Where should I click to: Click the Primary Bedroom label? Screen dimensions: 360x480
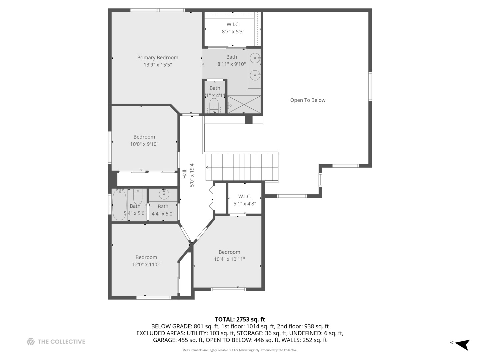[158, 58]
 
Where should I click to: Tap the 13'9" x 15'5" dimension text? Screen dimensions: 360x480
[158, 65]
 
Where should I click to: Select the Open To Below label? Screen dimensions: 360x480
[308, 100]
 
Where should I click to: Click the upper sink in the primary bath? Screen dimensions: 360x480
[255, 58]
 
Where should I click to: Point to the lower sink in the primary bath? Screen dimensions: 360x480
[255, 75]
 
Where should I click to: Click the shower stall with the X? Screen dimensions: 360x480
[244, 104]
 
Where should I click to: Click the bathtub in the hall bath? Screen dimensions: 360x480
[119, 205]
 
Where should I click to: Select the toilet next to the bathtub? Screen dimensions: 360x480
[138, 196]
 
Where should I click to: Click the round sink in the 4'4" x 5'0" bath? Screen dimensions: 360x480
[164, 194]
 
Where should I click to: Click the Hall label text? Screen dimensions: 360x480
[185, 174]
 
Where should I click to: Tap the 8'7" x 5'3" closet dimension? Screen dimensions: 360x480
[233, 32]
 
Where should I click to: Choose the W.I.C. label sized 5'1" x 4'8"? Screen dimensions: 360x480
[245, 196]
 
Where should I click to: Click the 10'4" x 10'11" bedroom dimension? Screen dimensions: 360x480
[229, 259]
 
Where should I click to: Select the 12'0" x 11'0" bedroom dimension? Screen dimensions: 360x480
[146, 264]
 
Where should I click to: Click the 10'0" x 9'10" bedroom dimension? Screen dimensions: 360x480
[144, 144]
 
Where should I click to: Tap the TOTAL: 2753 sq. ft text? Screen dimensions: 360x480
[240, 319]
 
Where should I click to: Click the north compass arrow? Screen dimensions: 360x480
[462, 344]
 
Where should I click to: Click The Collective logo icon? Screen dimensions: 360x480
[31, 341]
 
